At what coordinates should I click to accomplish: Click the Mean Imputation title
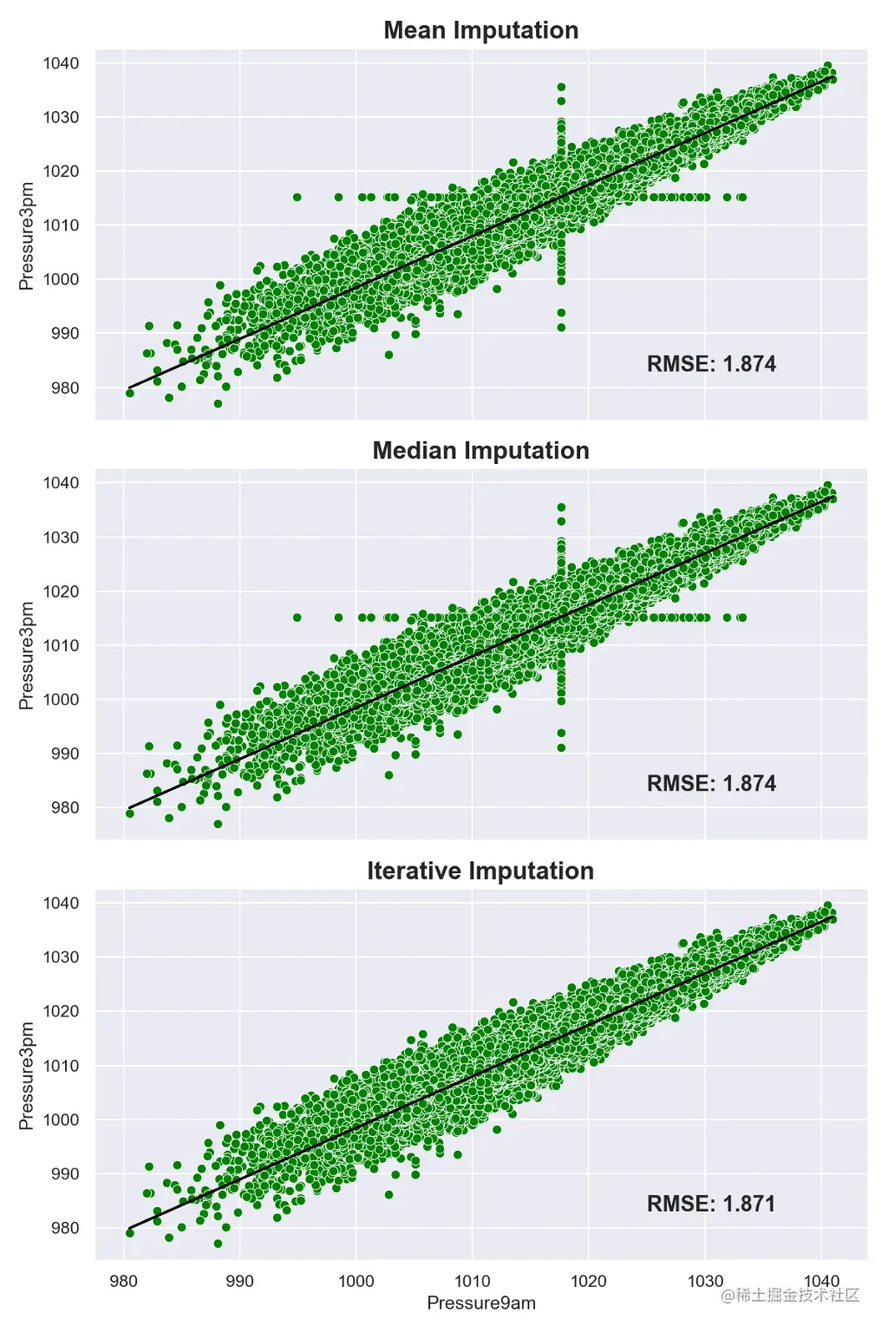tap(480, 30)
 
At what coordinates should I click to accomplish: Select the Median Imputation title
tap(480, 451)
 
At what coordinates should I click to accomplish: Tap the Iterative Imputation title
tap(480, 871)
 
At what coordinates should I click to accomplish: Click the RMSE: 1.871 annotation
tap(711, 1204)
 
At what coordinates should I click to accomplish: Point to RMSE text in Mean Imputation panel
tap(711, 363)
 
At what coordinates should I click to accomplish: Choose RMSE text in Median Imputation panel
tap(711, 784)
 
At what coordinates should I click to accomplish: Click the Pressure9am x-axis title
tap(481, 1303)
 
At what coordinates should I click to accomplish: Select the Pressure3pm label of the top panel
tap(27, 236)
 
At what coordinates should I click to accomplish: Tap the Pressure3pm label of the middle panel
tap(27, 656)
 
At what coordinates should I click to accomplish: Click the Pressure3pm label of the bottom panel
tap(27, 1075)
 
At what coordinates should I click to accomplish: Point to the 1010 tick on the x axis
tap(472, 1281)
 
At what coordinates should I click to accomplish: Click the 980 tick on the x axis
tap(123, 1281)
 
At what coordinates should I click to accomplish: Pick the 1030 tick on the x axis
tap(705, 1281)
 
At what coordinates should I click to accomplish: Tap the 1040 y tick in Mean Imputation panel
tap(61, 63)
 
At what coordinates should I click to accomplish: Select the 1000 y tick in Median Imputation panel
tap(61, 699)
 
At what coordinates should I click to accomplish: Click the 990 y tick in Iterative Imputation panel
tap(64, 1173)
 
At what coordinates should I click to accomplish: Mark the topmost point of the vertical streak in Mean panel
tap(561, 88)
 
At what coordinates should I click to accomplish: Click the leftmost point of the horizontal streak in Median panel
tap(297, 617)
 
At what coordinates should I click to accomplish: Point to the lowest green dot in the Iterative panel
tap(218, 1244)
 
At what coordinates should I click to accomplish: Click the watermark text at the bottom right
tap(790, 1296)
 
